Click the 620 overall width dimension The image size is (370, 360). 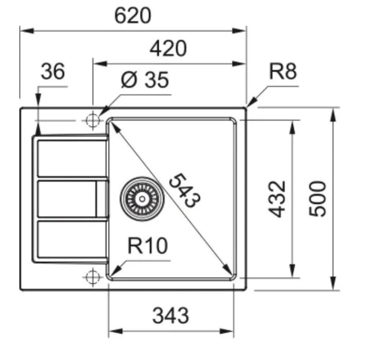pyautogui.click(x=132, y=16)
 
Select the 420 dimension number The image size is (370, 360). pyautogui.click(x=168, y=48)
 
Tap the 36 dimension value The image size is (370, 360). pyautogui.click(x=53, y=71)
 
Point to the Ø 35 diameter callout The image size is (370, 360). pyautogui.click(x=145, y=80)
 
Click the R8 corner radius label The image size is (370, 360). pyautogui.click(x=283, y=71)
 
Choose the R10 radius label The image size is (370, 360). pyautogui.click(x=147, y=246)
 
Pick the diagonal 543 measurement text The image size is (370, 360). pyautogui.click(x=185, y=190)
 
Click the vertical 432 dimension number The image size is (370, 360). pyautogui.click(x=277, y=199)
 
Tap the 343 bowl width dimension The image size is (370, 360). pyautogui.click(x=171, y=315)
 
